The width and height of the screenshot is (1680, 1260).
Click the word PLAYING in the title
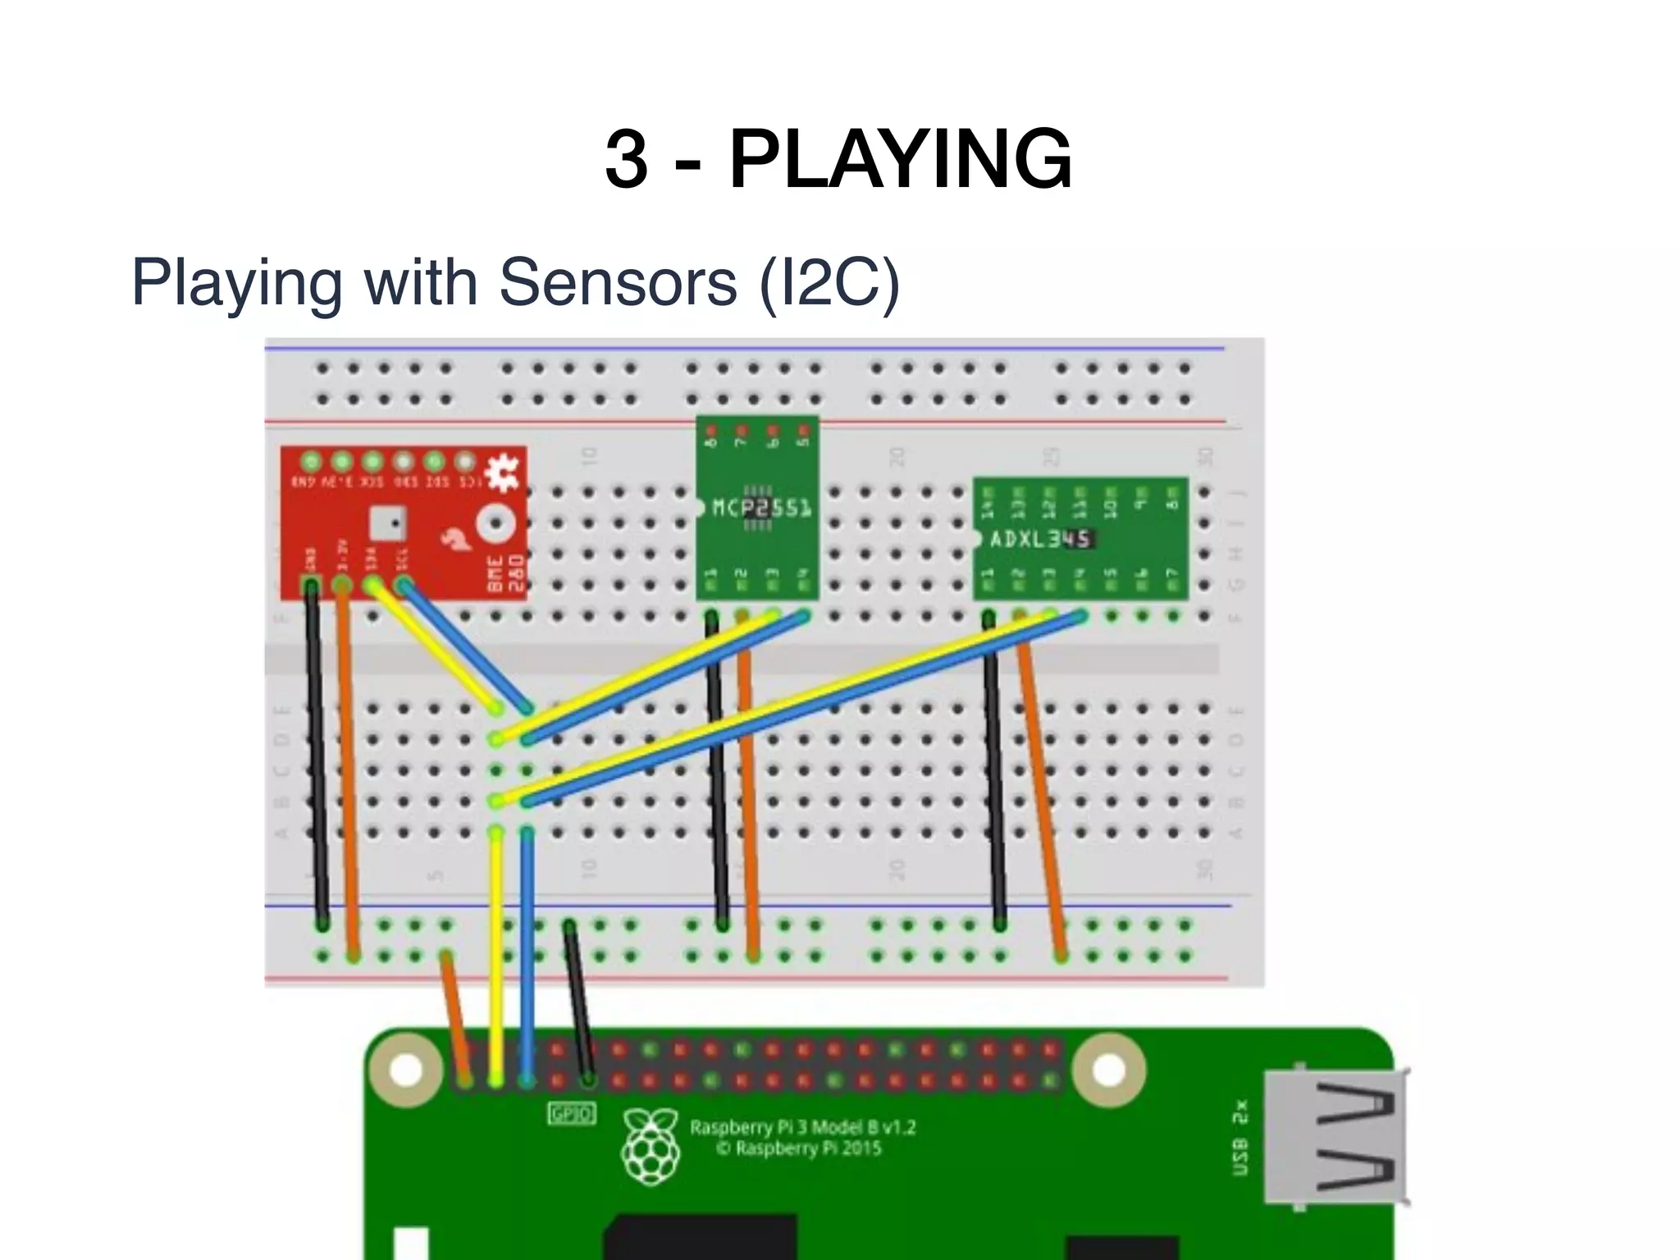pos(900,159)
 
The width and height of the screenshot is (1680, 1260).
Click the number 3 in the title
pos(626,159)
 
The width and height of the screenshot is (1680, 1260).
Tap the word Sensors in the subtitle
pos(618,282)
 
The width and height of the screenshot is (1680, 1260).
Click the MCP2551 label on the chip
pos(761,508)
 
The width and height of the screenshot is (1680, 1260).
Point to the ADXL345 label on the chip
pos(1040,539)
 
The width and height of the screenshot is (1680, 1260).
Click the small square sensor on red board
pos(388,522)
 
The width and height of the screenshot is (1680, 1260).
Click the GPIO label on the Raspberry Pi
pos(571,1114)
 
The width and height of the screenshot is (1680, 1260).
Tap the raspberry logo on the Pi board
pos(651,1146)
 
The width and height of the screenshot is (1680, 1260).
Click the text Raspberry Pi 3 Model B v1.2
pos(801,1127)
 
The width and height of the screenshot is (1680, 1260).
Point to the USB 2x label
pos(1240,1136)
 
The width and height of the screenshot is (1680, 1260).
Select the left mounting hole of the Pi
pos(406,1069)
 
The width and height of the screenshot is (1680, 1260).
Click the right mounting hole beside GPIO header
pos(1108,1069)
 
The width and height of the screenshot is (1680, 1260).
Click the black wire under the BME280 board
pos(317,755)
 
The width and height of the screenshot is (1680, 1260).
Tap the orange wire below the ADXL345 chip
pos(1042,787)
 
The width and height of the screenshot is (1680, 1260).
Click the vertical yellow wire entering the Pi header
pos(495,952)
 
